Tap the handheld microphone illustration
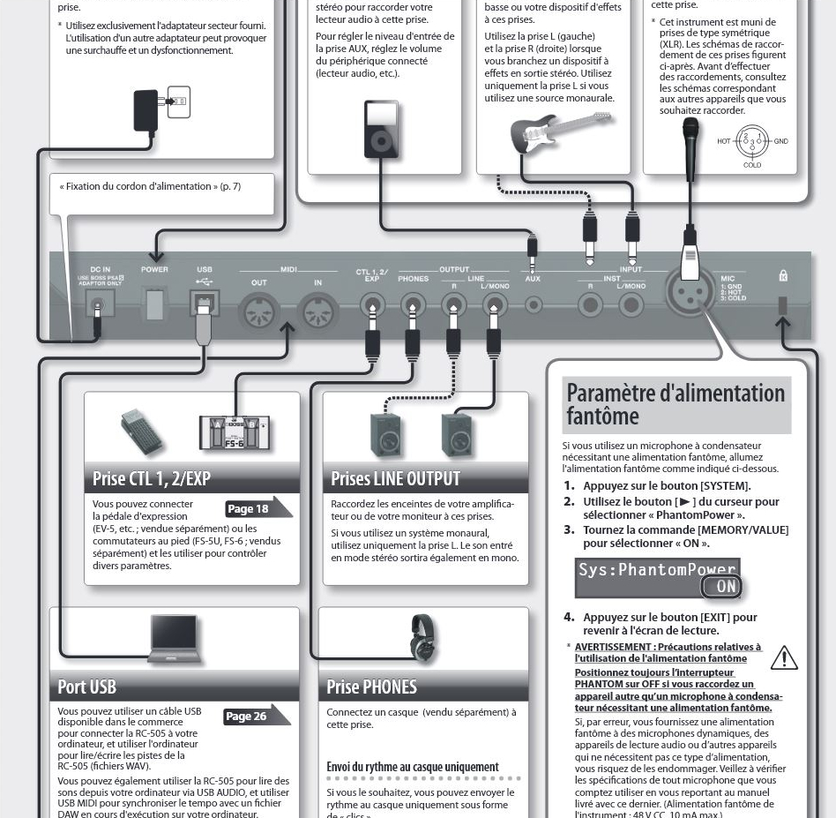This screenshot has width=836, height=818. pyautogui.click(x=690, y=141)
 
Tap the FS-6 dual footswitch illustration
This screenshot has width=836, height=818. pyautogui.click(x=233, y=432)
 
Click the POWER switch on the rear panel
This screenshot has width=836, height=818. pyautogui.click(x=154, y=305)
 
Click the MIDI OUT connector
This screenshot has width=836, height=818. pyautogui.click(x=258, y=311)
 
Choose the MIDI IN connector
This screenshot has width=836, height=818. pyautogui.click(x=317, y=311)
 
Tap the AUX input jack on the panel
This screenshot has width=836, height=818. pyautogui.click(x=533, y=305)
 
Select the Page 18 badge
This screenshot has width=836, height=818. pyautogui.click(x=254, y=508)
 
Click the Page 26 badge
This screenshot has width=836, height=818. pyautogui.click(x=252, y=716)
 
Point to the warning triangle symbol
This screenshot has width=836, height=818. pyautogui.click(x=783, y=658)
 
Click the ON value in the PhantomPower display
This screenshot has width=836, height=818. pyautogui.click(x=720, y=587)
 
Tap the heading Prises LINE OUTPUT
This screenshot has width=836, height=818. pyautogui.click(x=395, y=479)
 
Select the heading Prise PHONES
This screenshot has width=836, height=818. pyautogui.click(x=371, y=687)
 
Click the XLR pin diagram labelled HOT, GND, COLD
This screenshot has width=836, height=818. pyautogui.click(x=751, y=141)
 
